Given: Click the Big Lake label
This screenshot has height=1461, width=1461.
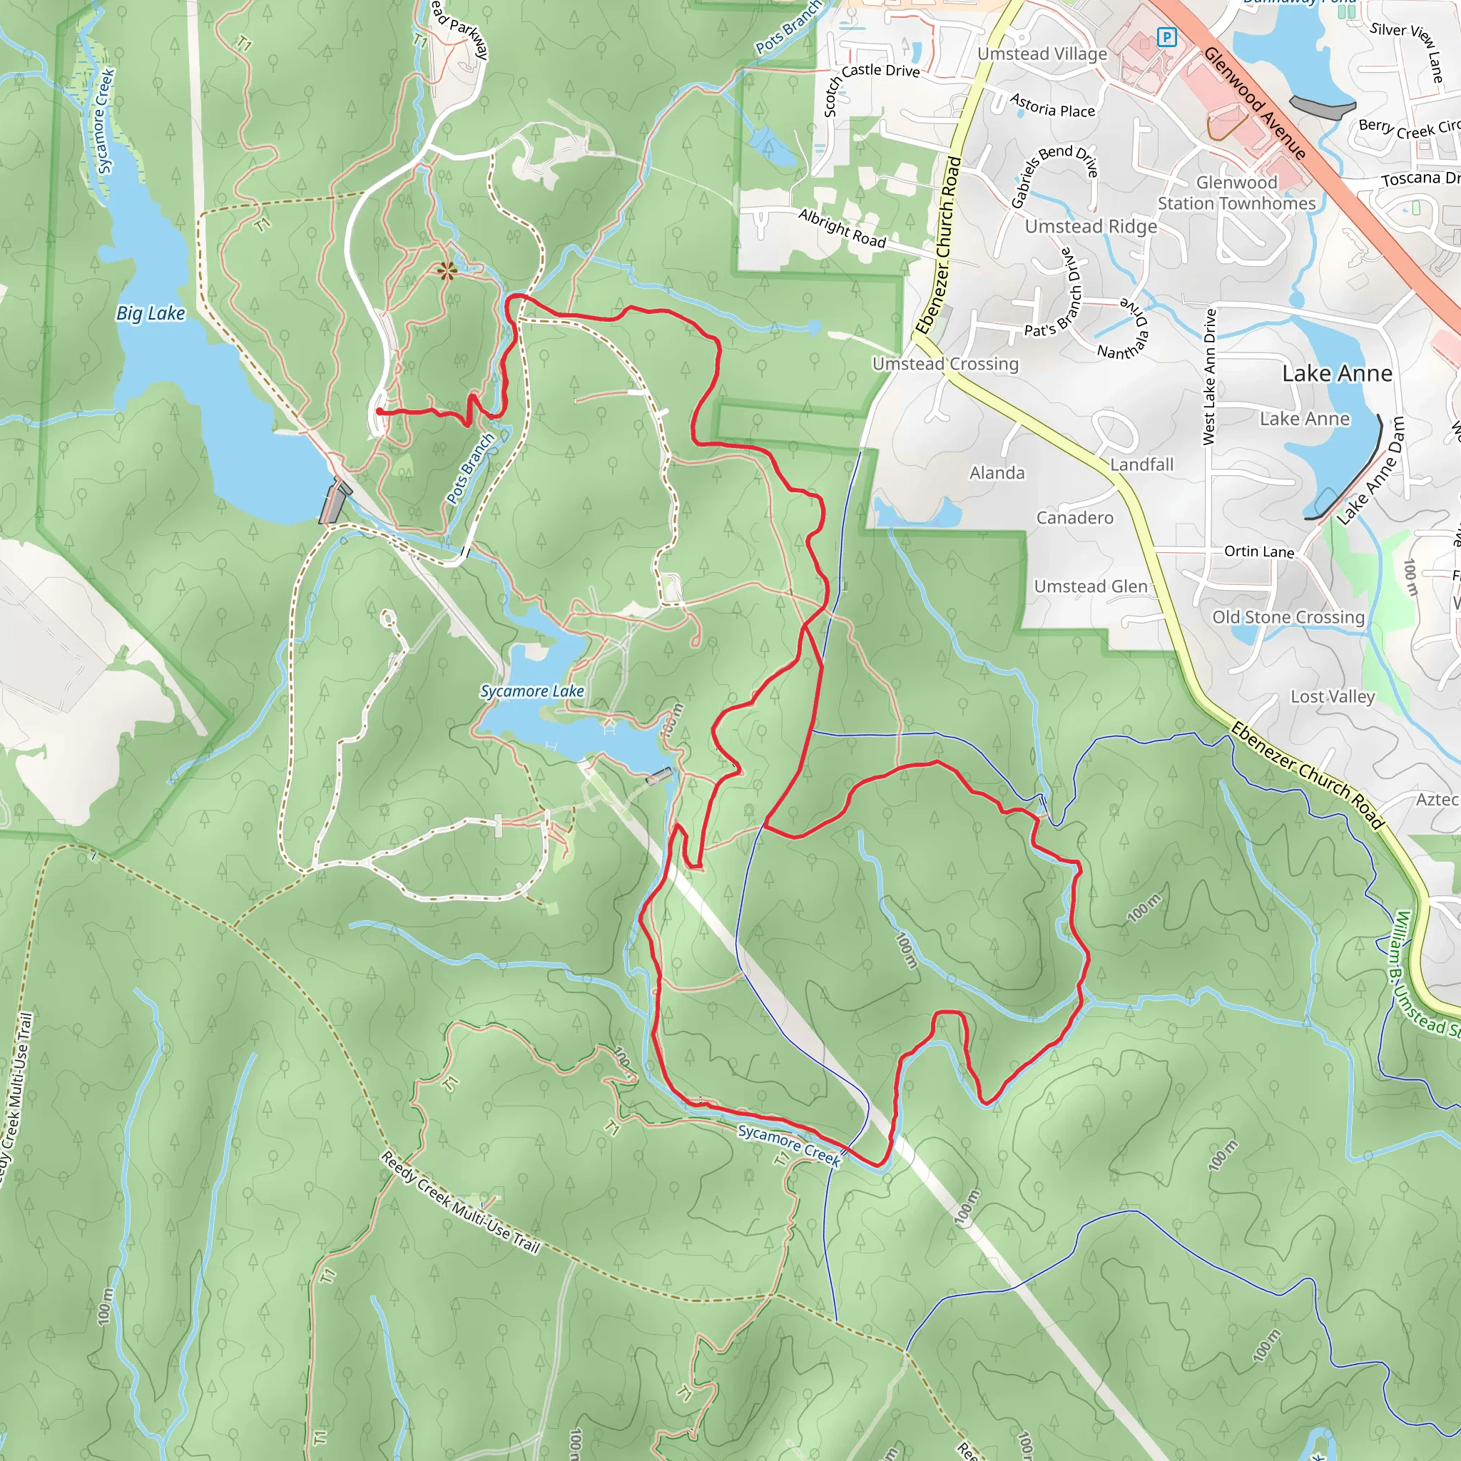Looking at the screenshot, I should click(151, 313).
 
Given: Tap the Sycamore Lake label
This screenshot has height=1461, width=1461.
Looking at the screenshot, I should click(531, 691).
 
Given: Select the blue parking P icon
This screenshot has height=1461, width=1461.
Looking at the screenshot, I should click(1167, 36).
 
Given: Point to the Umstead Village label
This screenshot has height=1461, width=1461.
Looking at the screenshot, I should click(1042, 54).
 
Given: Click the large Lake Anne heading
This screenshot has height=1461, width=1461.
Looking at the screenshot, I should click(1336, 374).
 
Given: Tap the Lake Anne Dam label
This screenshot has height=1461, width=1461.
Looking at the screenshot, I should click(1370, 470).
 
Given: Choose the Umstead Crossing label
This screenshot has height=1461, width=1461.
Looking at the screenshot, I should click(945, 364).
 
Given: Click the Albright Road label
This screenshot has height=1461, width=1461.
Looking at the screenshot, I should click(842, 228).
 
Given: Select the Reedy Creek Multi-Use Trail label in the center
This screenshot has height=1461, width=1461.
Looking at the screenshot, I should click(460, 1201).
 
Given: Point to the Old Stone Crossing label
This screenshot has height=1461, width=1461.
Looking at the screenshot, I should click(1288, 617).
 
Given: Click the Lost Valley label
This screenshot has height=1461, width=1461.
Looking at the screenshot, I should click(1332, 696).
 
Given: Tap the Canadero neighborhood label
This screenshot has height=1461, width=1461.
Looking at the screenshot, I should click(1074, 518).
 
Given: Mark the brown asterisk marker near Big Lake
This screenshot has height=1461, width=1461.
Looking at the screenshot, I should click(446, 270).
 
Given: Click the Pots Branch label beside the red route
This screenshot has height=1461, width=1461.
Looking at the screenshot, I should click(469, 468).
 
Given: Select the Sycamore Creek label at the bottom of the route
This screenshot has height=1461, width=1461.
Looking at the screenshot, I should click(788, 1144).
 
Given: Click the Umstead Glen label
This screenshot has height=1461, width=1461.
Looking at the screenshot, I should click(1090, 586).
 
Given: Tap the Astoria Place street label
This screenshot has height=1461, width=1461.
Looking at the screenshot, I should click(1052, 106).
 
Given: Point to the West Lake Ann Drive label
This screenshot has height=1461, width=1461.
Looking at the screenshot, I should click(1209, 376).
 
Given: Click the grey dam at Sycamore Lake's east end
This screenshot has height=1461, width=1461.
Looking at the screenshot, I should click(658, 775).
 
